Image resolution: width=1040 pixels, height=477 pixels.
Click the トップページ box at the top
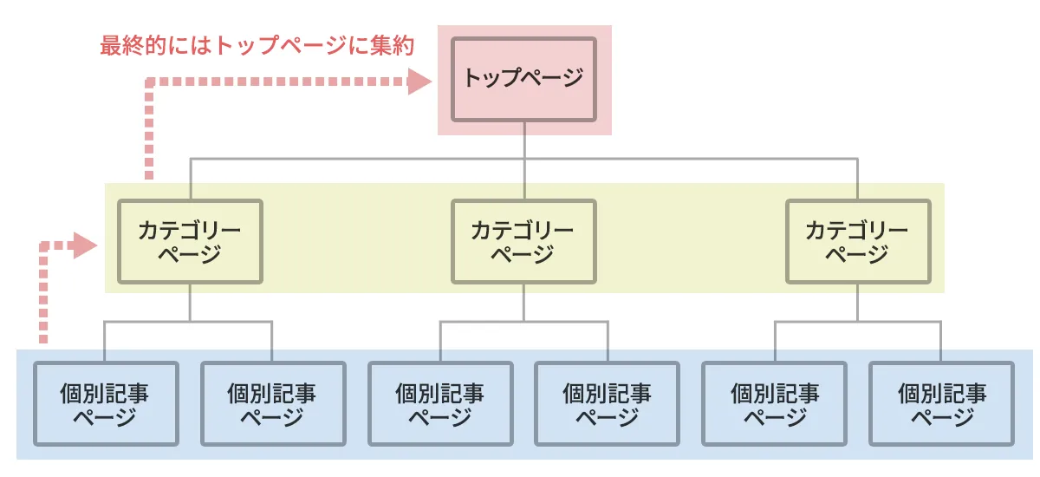click(523, 79)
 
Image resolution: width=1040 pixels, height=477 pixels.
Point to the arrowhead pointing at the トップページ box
click(419, 82)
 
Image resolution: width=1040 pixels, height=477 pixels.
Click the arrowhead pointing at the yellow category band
click(85, 245)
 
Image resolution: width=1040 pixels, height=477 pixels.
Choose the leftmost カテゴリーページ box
click(190, 242)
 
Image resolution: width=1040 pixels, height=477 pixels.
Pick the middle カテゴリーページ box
click(523, 242)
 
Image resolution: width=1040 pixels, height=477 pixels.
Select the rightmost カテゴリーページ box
click(857, 242)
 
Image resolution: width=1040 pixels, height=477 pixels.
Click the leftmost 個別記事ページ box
click(105, 404)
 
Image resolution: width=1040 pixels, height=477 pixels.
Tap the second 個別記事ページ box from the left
click(272, 404)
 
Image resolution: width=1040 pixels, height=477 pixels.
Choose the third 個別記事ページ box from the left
click(440, 404)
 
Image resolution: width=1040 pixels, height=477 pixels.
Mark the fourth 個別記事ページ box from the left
click(607, 404)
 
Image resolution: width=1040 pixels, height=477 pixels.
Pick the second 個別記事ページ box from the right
click(775, 404)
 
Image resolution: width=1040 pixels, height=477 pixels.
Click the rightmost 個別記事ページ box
click(942, 404)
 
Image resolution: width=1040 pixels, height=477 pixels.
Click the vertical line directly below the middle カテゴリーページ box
click(523, 303)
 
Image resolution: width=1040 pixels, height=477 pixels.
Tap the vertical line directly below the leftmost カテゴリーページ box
click(190, 303)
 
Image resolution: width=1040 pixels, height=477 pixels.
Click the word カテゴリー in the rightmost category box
click(857, 231)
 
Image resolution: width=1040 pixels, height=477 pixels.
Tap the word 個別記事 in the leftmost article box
click(105, 393)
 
